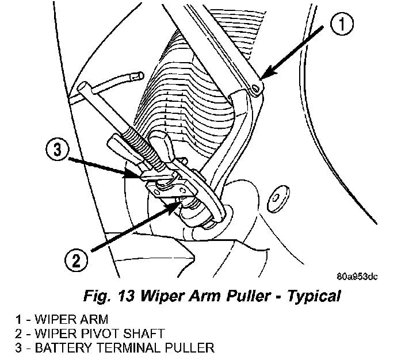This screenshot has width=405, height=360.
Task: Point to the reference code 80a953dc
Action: [357, 277]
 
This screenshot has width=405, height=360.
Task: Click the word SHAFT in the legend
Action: [148, 333]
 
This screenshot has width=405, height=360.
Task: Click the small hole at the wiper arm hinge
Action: [254, 87]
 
